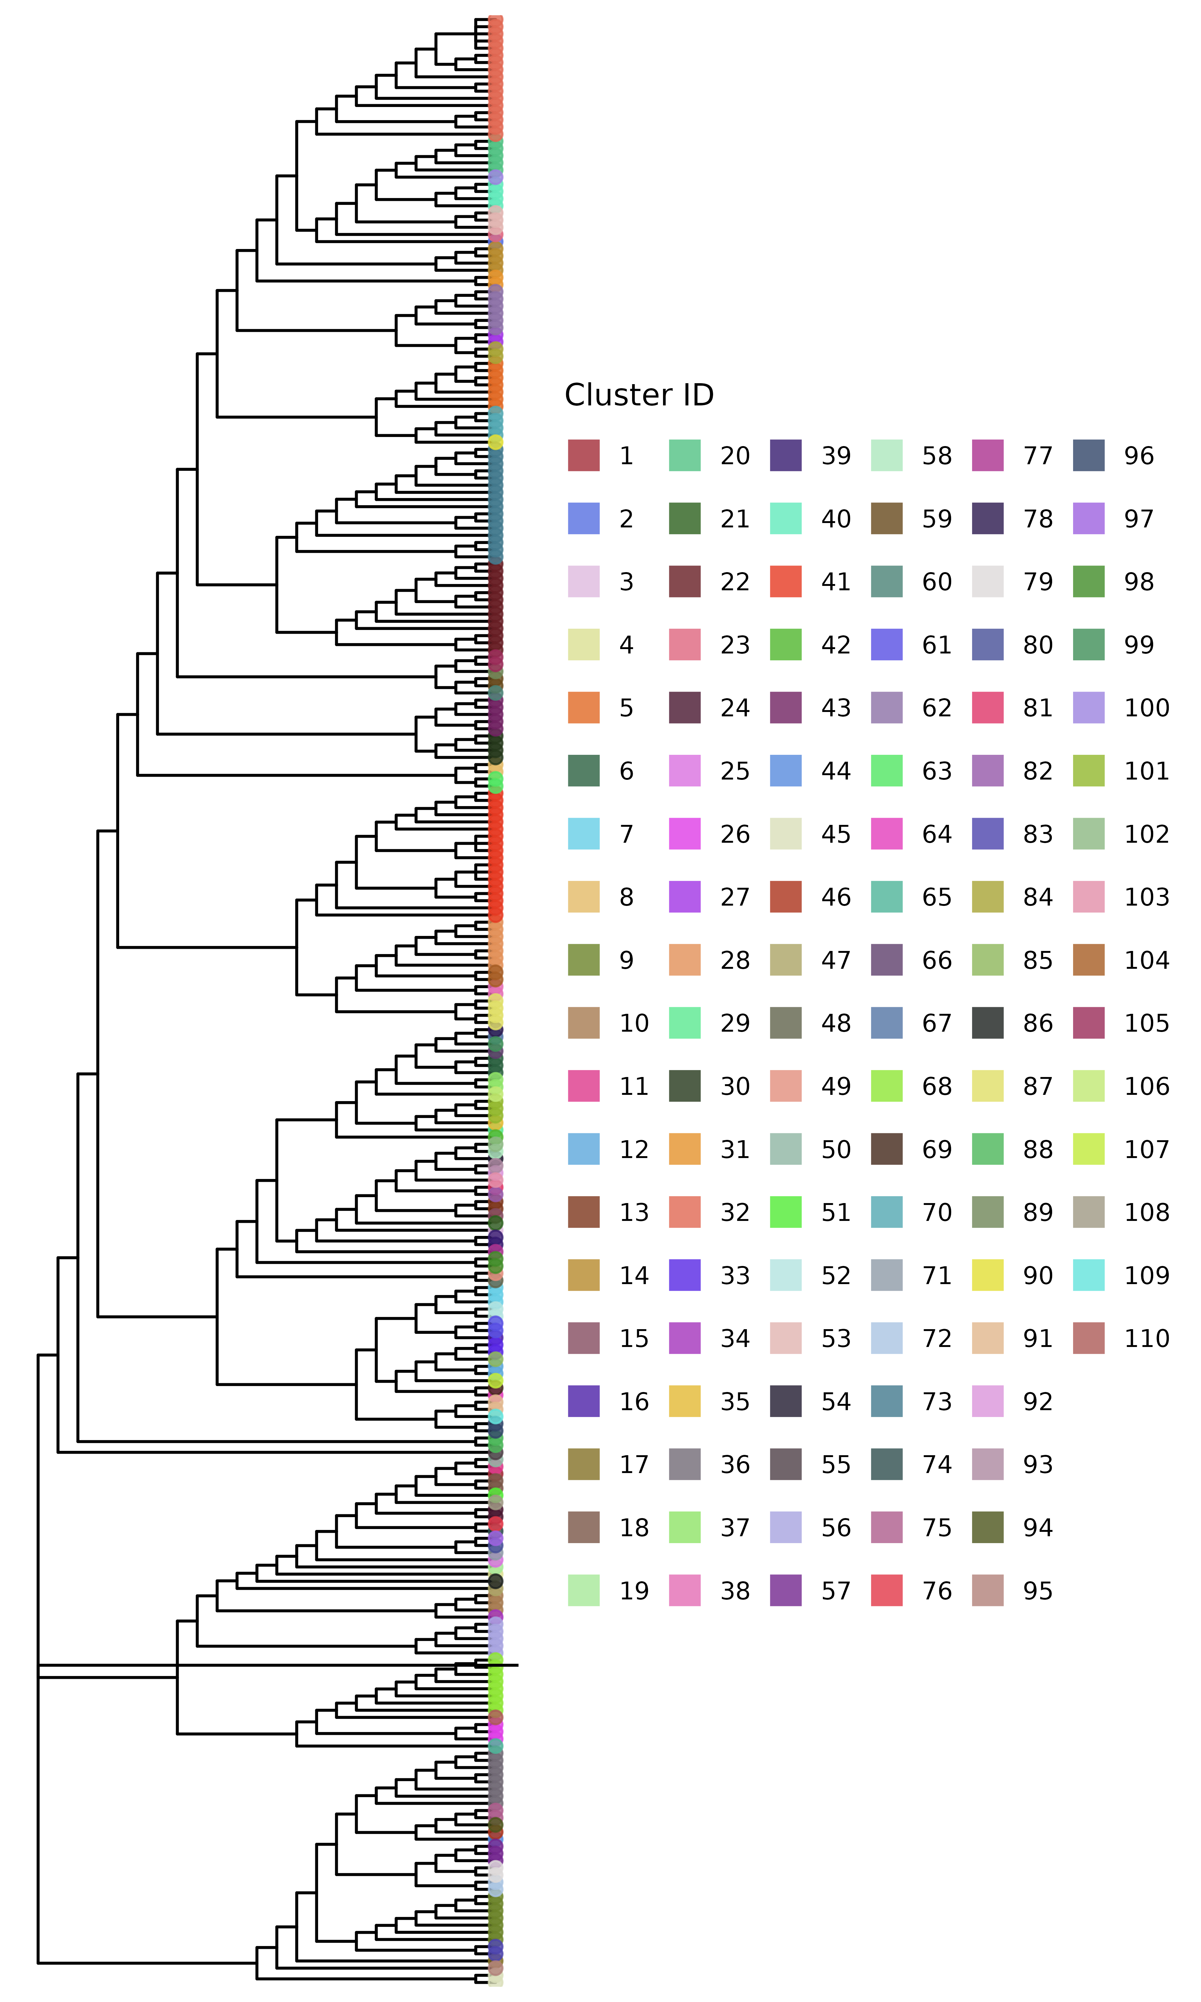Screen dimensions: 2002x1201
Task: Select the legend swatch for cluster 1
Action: pos(584,455)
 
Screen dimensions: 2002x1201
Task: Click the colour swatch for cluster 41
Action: pos(786,582)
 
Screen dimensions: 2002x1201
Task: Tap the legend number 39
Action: pos(836,455)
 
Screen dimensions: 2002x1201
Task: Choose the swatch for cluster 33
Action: pos(685,1275)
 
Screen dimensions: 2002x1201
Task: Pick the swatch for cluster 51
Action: pos(786,1212)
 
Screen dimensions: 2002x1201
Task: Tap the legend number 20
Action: pos(735,455)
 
